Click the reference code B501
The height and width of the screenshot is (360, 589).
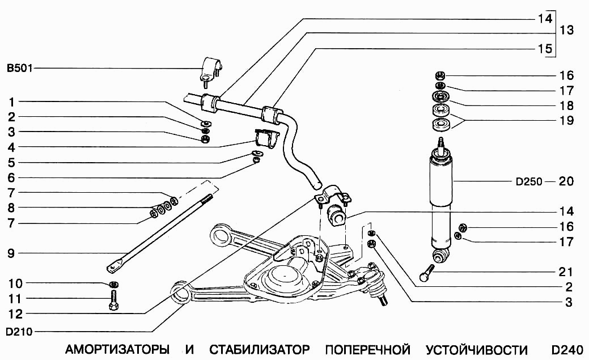coord(19,69)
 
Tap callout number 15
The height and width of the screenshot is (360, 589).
coord(545,49)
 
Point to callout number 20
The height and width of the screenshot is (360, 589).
coord(566,182)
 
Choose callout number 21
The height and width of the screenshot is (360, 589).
coord(566,272)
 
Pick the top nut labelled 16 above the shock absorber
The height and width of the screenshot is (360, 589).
coord(440,75)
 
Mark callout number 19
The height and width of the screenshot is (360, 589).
coord(566,120)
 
